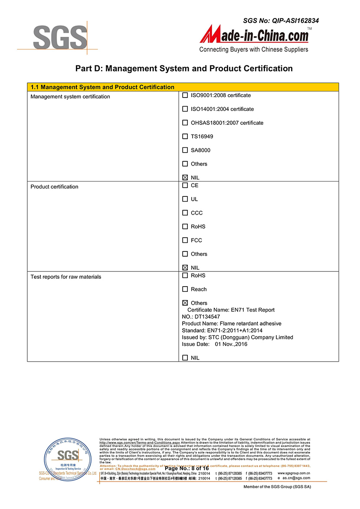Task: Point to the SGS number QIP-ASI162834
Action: point(281,20)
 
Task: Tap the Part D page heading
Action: point(184,69)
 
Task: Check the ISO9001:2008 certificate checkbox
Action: point(185,95)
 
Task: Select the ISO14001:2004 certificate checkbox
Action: point(185,109)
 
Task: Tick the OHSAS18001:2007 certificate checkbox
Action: point(185,123)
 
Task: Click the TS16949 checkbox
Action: point(185,137)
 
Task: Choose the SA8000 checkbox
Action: point(185,150)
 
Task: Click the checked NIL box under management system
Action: point(185,177)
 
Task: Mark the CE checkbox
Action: point(185,185)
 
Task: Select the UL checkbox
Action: point(185,199)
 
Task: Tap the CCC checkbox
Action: point(185,213)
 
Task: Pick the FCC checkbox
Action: point(185,240)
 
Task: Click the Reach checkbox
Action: point(185,289)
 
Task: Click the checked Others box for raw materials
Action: point(185,303)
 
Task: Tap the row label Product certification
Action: point(54,187)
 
